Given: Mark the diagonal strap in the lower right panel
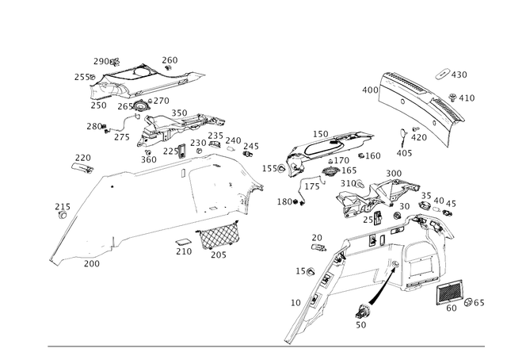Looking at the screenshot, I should click(380, 281).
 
